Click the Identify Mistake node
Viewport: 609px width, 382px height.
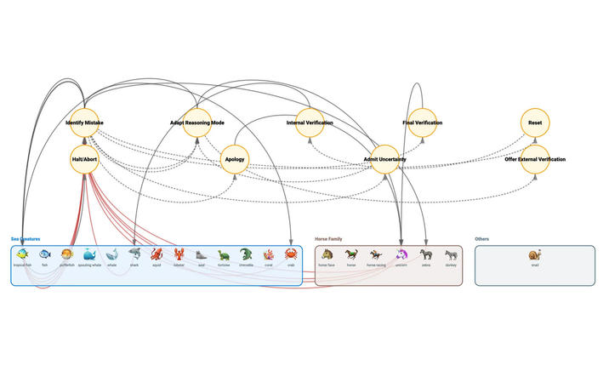[x=84, y=123]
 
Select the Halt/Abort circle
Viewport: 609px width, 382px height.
[x=84, y=159]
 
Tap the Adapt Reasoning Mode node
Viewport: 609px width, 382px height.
[x=197, y=123]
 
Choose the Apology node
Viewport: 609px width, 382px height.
[x=235, y=159]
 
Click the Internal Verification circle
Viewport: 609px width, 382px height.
[x=309, y=123]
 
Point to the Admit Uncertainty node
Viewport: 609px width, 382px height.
[x=384, y=159]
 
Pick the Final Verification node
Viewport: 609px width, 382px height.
[x=423, y=123]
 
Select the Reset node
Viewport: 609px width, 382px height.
[x=535, y=123]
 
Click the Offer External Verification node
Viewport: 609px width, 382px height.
[x=535, y=159]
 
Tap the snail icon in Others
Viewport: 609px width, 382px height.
[x=534, y=254]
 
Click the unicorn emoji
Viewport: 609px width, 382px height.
[x=401, y=254]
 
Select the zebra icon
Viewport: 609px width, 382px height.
[x=426, y=254]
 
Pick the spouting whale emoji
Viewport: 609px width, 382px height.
[x=89, y=254]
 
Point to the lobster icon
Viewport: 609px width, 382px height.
[x=179, y=254]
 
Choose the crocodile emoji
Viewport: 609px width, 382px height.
[x=246, y=254]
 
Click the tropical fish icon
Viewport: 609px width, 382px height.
[x=22, y=254]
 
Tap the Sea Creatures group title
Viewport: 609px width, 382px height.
[x=26, y=239]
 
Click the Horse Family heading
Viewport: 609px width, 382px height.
[x=329, y=239]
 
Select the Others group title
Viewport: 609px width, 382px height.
[x=482, y=239]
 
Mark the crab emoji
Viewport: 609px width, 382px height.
[x=290, y=254]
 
